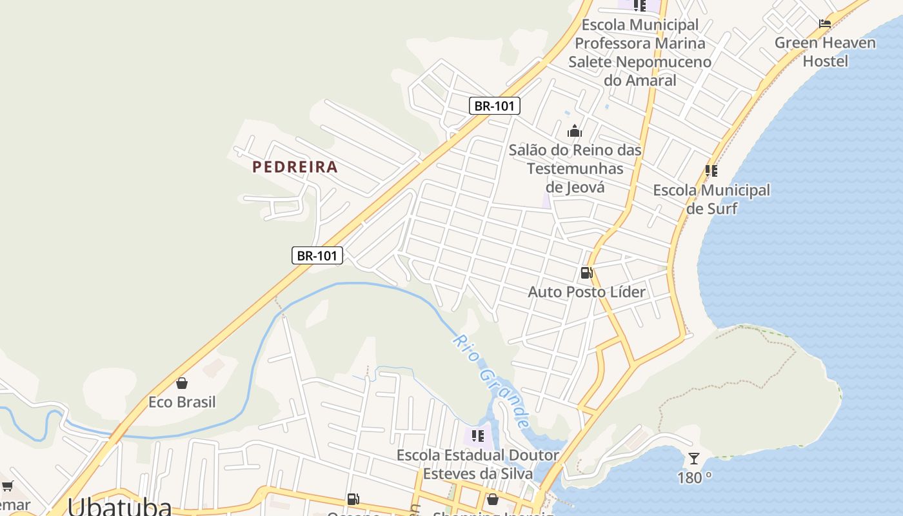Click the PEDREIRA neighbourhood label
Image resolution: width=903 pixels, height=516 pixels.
pos(295,167)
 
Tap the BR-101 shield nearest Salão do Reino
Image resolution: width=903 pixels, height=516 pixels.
pos(494,106)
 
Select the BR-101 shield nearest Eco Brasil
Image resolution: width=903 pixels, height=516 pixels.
pos(317,255)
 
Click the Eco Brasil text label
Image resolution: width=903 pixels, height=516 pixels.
pos(182,402)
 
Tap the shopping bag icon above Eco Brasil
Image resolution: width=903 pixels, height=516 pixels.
pos(182,383)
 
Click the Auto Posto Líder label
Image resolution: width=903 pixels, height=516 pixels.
pos(586,292)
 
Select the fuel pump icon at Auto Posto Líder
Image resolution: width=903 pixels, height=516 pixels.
pos(586,273)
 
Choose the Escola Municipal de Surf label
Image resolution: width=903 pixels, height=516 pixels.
pos(711,199)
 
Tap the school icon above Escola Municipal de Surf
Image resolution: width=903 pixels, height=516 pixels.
pos(711,171)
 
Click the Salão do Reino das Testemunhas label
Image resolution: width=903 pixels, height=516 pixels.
pos(575,168)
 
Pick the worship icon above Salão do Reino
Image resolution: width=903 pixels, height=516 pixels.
pos(574,132)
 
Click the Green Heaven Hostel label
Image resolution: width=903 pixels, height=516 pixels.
pos(825,52)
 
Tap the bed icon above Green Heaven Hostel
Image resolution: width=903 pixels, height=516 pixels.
pos(825,24)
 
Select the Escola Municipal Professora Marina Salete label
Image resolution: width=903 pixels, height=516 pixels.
pos(639,52)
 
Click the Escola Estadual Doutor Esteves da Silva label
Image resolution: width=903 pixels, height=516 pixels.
pos(477,464)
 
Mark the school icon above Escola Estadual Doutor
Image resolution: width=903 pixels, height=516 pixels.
pos(477,436)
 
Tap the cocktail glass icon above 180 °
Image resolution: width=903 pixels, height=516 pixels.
pos(694,459)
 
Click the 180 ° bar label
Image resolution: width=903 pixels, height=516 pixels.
pos(694,477)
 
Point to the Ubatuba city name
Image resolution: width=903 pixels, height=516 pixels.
pos(119,506)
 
